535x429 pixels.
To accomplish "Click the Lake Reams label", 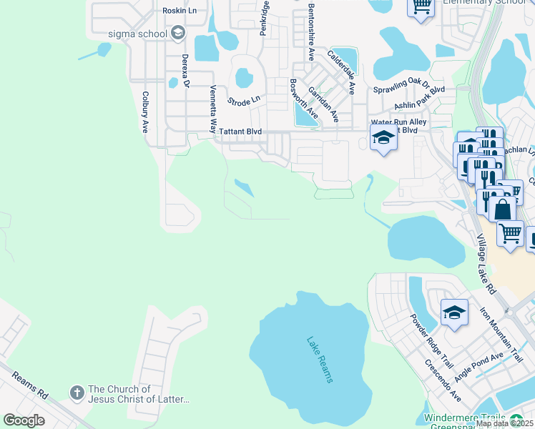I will pos(320,360).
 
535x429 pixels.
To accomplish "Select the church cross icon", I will pos(77,393).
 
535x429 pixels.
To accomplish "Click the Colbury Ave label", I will pos(145,112).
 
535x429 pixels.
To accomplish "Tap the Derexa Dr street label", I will pos(185,70).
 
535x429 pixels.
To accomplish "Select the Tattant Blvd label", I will pos(240,132).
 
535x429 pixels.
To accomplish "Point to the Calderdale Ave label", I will pos(343,71).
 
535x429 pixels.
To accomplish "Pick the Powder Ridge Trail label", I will pos(427,335).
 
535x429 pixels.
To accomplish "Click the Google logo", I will pos(24,420).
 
